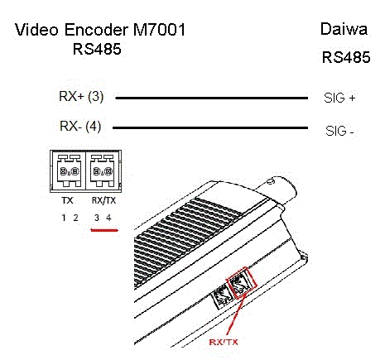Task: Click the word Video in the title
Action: pos(36,30)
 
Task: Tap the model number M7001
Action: pos(160,30)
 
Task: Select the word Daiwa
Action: pos(344,29)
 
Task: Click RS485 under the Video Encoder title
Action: pos(97,49)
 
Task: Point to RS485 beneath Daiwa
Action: pos(346,57)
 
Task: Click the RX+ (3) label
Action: pos(81,96)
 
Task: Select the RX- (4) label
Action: pos(80,127)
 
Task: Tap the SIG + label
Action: pos(339,98)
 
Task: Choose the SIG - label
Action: pos(339,131)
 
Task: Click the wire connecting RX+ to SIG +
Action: pos(212,98)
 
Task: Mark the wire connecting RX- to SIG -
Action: pos(210,127)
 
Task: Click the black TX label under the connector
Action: pos(67,200)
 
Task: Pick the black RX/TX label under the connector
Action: pos(103,200)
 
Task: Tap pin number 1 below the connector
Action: pos(64,218)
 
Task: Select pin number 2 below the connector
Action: pos(75,218)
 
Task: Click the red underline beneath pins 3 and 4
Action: pos(104,230)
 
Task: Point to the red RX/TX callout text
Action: pos(224,343)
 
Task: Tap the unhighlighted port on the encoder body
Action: pos(223,298)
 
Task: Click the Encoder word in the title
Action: pos(96,30)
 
